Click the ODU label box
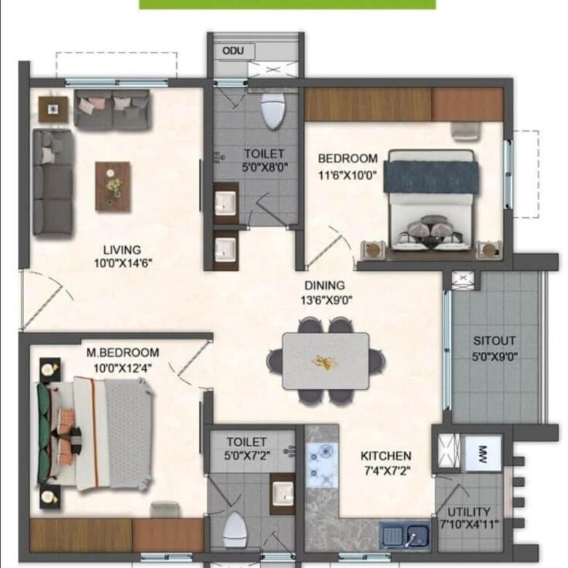(x=233, y=51)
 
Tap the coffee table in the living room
(x=113, y=186)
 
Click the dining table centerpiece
(x=324, y=362)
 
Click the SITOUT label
(x=494, y=341)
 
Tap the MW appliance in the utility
(x=483, y=454)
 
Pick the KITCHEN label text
(x=386, y=456)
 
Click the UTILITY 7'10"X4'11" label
(x=469, y=518)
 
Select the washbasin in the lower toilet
(x=283, y=493)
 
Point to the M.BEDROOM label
(x=122, y=352)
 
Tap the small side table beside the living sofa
(x=53, y=109)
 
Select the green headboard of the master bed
(x=43, y=433)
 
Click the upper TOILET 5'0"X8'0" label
(x=264, y=160)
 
